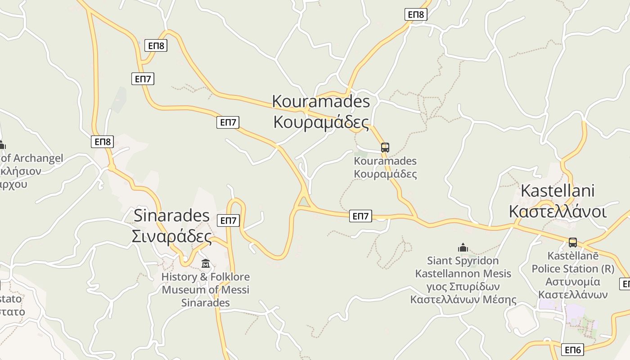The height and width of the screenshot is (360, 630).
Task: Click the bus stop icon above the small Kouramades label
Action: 385,147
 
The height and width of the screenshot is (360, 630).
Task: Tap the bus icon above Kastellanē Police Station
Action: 572,242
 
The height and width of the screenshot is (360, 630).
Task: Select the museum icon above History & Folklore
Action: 206,263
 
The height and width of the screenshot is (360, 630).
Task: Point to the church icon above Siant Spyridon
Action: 463,247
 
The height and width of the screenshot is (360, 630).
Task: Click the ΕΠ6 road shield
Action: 572,350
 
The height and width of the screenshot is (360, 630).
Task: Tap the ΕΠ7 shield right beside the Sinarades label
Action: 229,220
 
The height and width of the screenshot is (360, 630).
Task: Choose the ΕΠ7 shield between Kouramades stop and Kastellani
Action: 360,216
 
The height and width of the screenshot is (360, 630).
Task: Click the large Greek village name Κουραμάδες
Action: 321,122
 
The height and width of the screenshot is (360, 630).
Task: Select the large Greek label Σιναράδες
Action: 171,236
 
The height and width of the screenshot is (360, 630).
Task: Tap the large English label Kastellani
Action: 558,190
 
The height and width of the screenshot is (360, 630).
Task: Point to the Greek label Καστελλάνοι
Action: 558,211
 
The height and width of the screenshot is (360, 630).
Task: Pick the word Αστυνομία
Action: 573,282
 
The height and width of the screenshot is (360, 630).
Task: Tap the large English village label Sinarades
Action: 171,216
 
